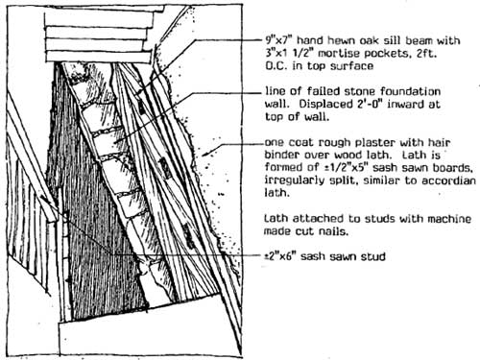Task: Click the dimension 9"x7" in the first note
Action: point(278,40)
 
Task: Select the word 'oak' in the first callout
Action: point(370,40)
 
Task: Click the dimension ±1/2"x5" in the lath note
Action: point(345,168)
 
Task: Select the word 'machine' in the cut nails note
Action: point(449,219)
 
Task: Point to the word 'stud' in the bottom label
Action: point(373,256)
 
